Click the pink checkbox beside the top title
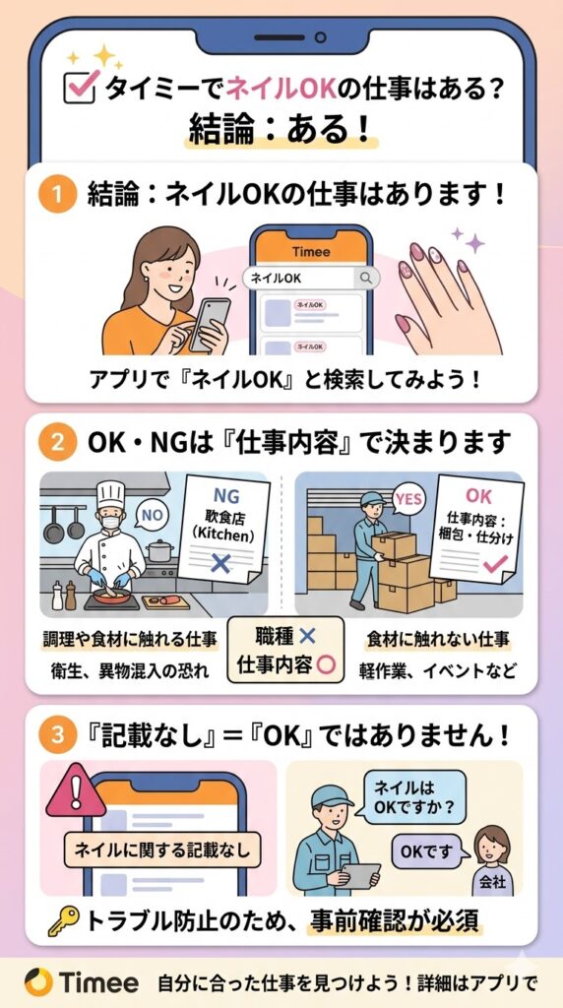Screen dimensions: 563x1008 (x=81, y=87)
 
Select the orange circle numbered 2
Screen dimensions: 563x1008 (x=58, y=444)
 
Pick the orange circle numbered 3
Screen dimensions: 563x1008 (x=58, y=736)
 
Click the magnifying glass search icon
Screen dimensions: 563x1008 (x=366, y=278)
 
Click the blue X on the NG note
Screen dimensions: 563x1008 (x=221, y=564)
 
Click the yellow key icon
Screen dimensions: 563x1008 (x=64, y=921)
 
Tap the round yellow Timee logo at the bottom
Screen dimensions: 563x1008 (x=38, y=983)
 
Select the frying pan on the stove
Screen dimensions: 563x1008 (x=114, y=596)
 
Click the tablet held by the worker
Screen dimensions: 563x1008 (x=359, y=875)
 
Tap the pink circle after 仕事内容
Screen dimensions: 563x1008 (x=326, y=664)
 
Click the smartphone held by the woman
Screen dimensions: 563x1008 (x=210, y=323)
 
